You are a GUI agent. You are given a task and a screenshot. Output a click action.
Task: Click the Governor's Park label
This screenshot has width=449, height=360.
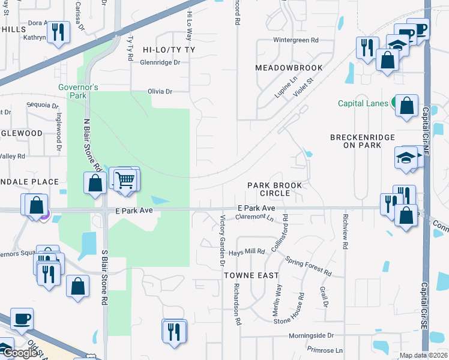coord(73,91)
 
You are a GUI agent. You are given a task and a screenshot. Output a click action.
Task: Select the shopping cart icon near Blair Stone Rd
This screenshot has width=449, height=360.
coord(124,179)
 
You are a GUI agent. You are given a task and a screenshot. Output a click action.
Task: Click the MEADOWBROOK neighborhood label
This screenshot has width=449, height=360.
coord(289,68)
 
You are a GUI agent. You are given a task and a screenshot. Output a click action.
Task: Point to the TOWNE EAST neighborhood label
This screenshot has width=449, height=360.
coord(252,275)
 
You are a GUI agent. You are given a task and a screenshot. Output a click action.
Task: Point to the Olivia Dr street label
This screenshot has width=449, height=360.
coord(160,92)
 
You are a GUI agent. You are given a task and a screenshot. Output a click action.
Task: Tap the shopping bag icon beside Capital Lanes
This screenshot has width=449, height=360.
coord(407,106)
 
